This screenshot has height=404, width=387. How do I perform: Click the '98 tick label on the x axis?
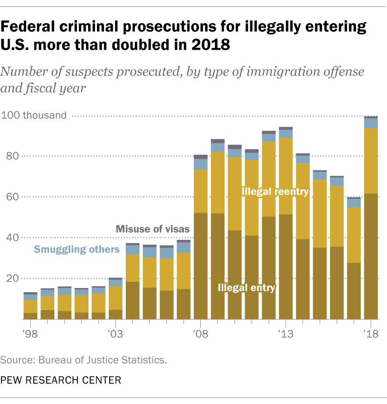[x=30, y=333]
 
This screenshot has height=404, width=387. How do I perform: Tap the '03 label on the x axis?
[x=115, y=333]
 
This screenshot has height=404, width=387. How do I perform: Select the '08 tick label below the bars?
[x=200, y=333]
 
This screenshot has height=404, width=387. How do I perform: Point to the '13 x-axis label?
[x=286, y=333]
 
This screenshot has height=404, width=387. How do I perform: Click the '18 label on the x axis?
[x=371, y=333]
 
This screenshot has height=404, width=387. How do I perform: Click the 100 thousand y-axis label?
[x=34, y=115]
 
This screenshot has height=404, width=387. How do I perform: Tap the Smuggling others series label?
[x=77, y=249]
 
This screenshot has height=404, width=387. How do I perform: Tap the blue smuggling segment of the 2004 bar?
[x=132, y=249]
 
